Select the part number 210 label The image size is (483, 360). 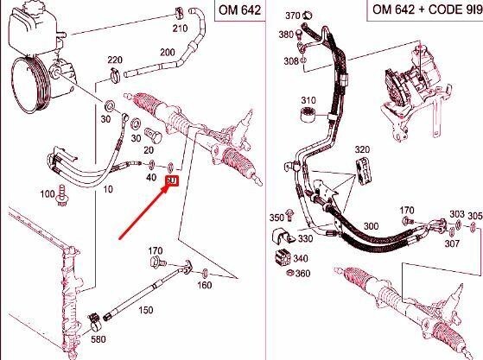tap(180, 28)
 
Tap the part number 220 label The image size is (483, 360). tap(115, 60)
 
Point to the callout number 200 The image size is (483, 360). tap(168, 53)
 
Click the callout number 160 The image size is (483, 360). tap(204, 285)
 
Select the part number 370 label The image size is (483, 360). tap(292, 16)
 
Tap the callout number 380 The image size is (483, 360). tap(285, 35)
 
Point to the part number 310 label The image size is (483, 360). tap(309, 101)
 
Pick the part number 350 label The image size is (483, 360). tap(276, 218)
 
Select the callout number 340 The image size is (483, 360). tap(300, 258)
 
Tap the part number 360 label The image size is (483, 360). tap(302, 274)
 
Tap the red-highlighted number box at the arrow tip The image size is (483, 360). tap(171, 181)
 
